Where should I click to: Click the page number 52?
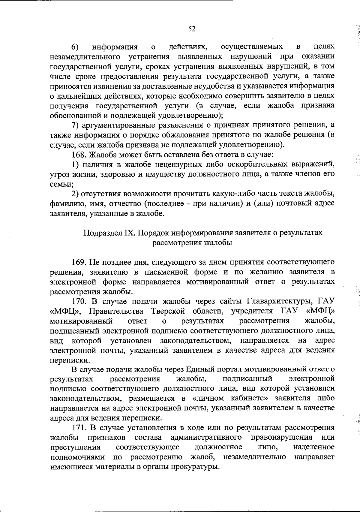pos(192,29)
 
